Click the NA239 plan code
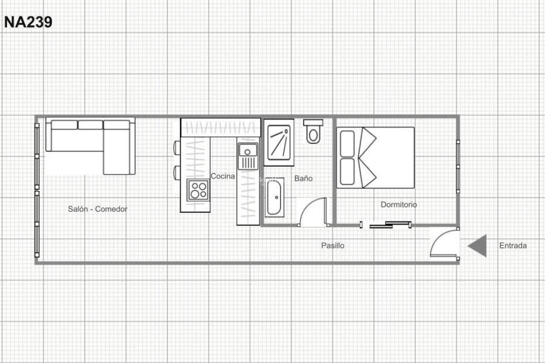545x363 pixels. click(x=28, y=22)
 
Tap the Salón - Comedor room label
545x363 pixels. click(x=97, y=209)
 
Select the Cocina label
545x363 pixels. click(x=223, y=176)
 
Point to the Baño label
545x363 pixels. click(x=303, y=178)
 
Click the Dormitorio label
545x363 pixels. click(x=399, y=204)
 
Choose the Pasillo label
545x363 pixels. click(x=333, y=245)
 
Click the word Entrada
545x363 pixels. click(x=513, y=245)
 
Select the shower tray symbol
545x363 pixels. click(x=279, y=142)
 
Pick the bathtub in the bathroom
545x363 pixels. click(x=274, y=198)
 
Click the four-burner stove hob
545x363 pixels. click(x=198, y=190)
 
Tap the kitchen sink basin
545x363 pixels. click(x=248, y=150)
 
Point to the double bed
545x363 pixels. click(x=375, y=158)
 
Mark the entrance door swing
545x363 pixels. click(x=444, y=243)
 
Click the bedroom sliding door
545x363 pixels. click(x=390, y=225)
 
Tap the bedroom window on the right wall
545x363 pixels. click(x=458, y=166)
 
